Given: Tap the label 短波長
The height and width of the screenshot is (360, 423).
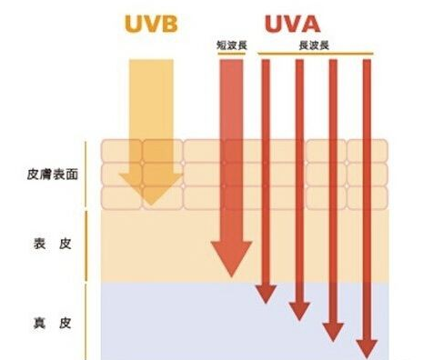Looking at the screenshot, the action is coord(231,44).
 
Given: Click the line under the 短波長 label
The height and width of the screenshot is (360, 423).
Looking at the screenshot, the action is coord(231,53).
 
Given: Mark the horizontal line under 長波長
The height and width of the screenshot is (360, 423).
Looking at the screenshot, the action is coord(315,53).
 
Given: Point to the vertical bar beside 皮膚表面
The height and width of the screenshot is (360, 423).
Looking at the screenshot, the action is coord(86,173).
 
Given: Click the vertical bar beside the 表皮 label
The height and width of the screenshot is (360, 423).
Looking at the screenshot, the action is coord(86,245).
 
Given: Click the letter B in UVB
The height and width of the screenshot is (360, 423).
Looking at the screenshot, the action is coord(173,24).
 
